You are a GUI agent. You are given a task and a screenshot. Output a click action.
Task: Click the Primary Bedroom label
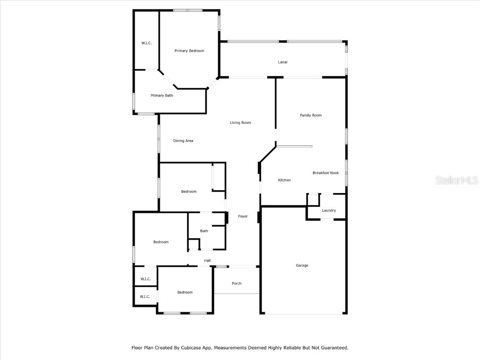189,51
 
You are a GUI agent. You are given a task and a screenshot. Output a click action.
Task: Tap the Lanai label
283,62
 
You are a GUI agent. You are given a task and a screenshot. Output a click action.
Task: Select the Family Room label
311,115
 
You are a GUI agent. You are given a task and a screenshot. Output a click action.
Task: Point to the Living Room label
240,123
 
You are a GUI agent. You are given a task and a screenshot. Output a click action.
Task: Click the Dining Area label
183,141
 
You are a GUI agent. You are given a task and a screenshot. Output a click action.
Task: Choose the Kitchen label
285,180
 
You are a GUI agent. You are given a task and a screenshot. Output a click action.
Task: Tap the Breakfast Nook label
326,173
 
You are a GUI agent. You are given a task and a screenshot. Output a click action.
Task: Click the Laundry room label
329,210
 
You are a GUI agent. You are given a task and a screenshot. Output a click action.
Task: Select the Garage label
302,265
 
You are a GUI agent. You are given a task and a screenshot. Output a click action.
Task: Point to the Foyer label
243,216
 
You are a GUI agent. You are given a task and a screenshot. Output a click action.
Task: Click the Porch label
237,283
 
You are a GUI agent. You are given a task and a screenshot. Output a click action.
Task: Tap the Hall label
207,261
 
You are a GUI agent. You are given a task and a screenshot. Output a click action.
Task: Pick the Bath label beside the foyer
204,231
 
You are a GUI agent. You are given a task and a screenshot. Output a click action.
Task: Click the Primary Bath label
162,96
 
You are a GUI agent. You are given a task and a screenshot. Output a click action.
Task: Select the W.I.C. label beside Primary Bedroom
146,43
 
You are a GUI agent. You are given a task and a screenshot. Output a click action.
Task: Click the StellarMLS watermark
457,180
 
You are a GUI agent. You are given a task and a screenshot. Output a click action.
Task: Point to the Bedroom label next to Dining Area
189,191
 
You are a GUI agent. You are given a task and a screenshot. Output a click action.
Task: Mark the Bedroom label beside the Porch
185,292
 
